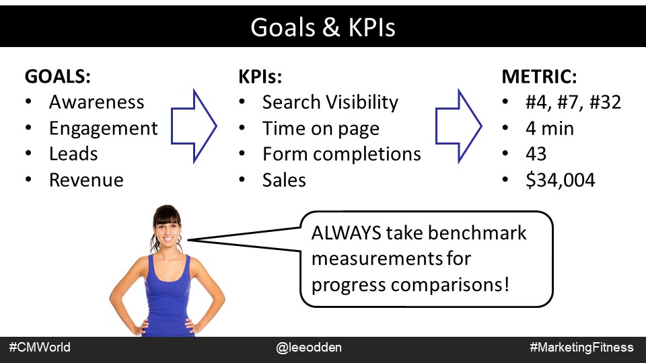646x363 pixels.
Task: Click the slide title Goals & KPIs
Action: tap(323, 27)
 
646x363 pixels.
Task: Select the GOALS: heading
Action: tap(58, 77)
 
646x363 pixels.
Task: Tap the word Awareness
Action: tap(96, 102)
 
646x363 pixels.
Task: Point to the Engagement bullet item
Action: tap(103, 128)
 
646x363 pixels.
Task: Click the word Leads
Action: tap(73, 154)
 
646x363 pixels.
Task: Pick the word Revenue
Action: tap(86, 180)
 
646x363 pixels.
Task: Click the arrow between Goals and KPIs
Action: tap(194, 126)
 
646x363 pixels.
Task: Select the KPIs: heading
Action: tap(260, 77)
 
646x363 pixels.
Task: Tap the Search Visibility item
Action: tap(330, 102)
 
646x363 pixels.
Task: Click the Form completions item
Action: tap(342, 155)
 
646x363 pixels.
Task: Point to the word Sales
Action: tap(284, 180)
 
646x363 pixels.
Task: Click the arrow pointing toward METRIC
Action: tap(458, 126)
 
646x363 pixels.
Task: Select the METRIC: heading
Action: tap(539, 77)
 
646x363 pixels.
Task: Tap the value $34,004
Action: tap(561, 180)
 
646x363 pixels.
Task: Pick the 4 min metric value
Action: tap(550, 128)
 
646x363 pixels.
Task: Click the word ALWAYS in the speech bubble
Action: tap(346, 233)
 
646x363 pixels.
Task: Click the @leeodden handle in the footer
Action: tap(309, 348)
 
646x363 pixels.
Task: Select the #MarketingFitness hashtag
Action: tap(581, 348)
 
